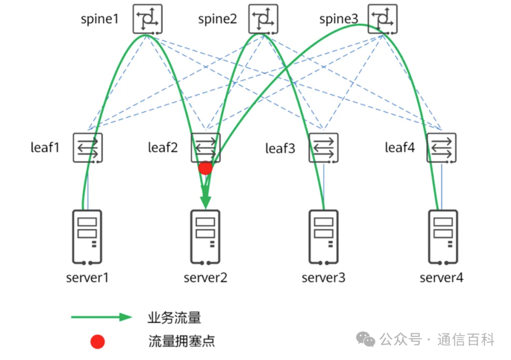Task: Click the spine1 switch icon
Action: (147, 19)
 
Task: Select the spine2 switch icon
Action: (264, 19)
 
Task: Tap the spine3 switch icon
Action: (383, 19)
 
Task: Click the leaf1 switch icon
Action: (88, 148)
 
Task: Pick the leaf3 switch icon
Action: (324, 148)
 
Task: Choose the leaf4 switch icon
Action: (441, 148)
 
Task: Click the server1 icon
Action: (87, 237)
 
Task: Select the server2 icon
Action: (205, 237)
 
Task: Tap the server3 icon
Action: (324, 237)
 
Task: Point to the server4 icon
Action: (443, 237)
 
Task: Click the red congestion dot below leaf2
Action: (205, 168)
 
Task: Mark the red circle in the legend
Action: (97, 342)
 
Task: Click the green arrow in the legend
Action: (101, 317)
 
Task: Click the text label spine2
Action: (217, 19)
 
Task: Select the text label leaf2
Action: (163, 148)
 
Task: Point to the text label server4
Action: (441, 278)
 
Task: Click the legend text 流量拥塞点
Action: (182, 341)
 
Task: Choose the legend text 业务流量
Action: (174, 317)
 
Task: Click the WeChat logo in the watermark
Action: (365, 339)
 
